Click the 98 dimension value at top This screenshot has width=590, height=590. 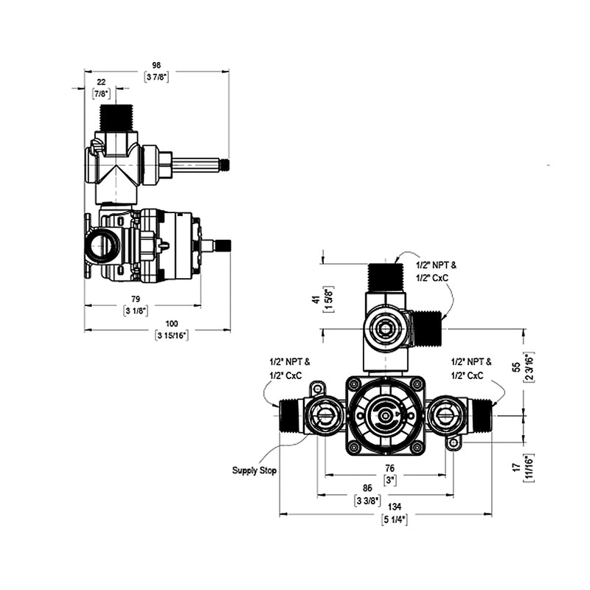pyautogui.click(x=156, y=65)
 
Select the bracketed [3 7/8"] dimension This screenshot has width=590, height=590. pyautogui.click(x=156, y=77)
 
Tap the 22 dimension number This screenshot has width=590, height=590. pyautogui.click(x=100, y=82)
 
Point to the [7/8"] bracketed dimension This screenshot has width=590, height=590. pyautogui.click(x=100, y=94)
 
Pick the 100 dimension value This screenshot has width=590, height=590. pyautogui.click(x=171, y=324)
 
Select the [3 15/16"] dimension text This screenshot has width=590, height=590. pyautogui.click(x=171, y=336)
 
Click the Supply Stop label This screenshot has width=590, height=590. pyautogui.click(x=254, y=471)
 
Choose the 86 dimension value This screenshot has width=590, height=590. pyautogui.click(x=367, y=488)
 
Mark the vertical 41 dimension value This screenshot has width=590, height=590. pyautogui.click(x=316, y=299)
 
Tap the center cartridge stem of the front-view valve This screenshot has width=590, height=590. pyautogui.click(x=385, y=417)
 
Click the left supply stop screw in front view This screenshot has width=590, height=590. pyautogui.click(x=324, y=417)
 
